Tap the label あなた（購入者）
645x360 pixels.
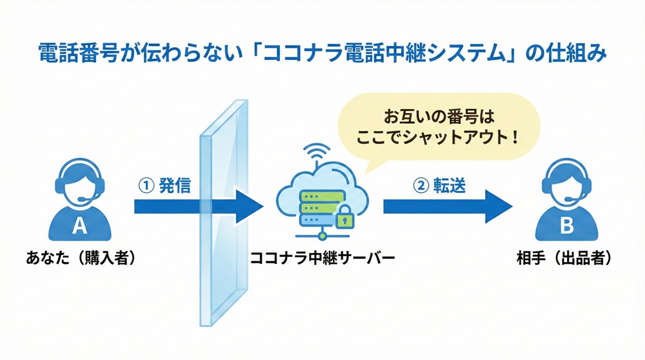click(x=81, y=258)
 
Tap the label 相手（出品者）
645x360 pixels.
click(x=564, y=258)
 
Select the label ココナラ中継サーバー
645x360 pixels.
click(x=322, y=258)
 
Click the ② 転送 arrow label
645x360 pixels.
click(x=439, y=185)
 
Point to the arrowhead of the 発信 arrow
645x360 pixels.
click(x=252, y=206)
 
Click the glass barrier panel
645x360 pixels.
click(x=223, y=219)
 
